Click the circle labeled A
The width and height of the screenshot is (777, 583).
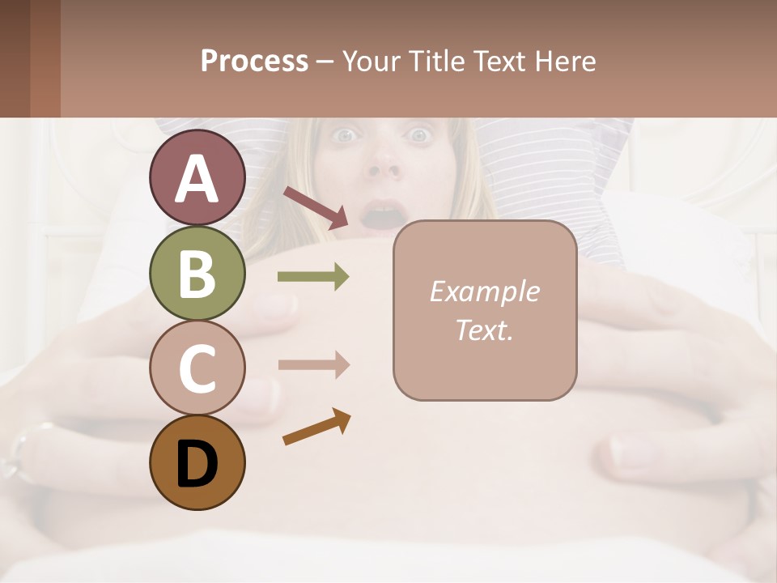(197, 178)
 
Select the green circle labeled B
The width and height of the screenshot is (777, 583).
(197, 273)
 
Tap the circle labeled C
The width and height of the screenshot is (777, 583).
(197, 368)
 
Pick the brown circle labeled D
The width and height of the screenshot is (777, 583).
(197, 462)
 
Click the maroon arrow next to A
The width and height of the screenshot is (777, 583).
(316, 206)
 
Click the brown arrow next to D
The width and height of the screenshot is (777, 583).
(316, 428)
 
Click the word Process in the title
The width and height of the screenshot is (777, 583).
(254, 62)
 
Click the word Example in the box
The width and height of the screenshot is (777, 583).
(484, 291)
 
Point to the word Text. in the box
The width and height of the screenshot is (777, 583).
(484, 330)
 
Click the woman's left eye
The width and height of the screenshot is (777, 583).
(421, 135)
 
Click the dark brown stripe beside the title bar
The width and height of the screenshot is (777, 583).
(15, 59)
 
